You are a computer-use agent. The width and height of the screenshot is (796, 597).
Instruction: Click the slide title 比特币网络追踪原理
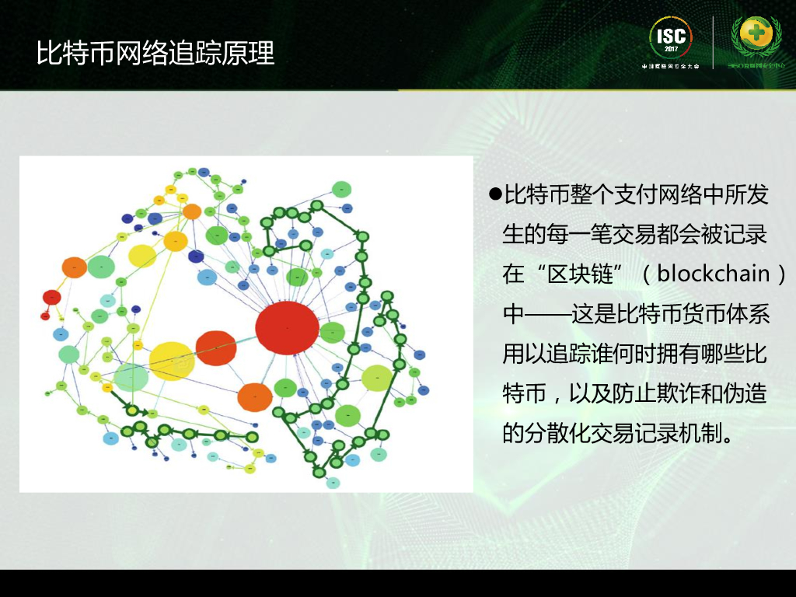(x=155, y=54)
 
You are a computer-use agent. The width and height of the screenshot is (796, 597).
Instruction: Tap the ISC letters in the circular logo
(x=671, y=37)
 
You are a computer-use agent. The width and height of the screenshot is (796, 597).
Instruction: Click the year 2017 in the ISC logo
(x=671, y=50)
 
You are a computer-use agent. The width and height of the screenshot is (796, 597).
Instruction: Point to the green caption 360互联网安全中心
(x=756, y=66)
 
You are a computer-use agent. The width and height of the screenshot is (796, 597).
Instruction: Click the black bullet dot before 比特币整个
(x=494, y=194)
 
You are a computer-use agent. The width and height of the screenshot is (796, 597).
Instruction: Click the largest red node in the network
(x=287, y=327)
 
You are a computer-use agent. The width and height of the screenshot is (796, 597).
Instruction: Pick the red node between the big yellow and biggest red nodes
(x=215, y=347)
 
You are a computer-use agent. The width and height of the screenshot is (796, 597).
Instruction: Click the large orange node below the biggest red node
(x=254, y=396)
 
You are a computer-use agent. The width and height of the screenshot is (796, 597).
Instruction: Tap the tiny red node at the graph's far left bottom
(x=45, y=316)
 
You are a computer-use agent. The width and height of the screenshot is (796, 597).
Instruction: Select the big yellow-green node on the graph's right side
(x=377, y=378)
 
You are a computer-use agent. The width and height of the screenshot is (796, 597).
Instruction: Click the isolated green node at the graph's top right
(x=341, y=189)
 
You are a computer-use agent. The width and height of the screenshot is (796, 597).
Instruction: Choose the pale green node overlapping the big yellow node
(x=131, y=377)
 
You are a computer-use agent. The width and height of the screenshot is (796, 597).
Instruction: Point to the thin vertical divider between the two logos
(x=714, y=43)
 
